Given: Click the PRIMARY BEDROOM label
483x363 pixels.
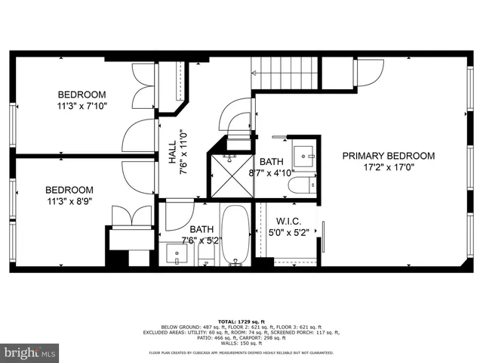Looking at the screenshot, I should point(389,156).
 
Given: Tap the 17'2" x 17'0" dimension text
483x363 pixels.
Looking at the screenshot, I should point(389,169).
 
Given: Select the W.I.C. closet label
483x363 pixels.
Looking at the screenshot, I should point(284,221).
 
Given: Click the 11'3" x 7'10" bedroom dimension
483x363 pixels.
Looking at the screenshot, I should point(82,107).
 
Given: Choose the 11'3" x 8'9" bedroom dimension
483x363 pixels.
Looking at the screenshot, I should point(69,202).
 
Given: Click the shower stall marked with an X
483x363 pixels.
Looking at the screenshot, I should point(230,173).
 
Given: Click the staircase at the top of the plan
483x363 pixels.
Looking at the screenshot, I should point(286,73).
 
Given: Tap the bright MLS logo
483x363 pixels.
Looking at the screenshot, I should point(30,352).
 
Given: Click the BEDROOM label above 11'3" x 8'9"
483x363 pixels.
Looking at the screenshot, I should point(69,190).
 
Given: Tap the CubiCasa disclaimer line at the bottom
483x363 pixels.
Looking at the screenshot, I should point(241,352).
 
